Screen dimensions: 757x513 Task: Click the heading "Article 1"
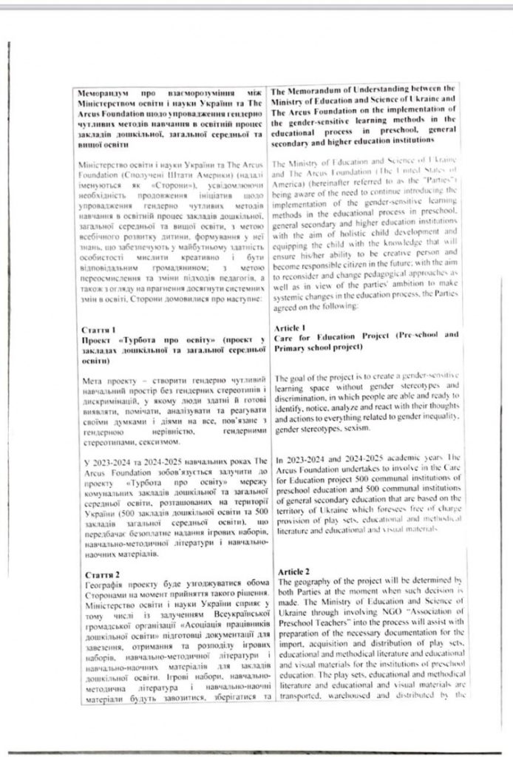point(291,326)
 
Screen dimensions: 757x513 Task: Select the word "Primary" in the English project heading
point(294,346)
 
